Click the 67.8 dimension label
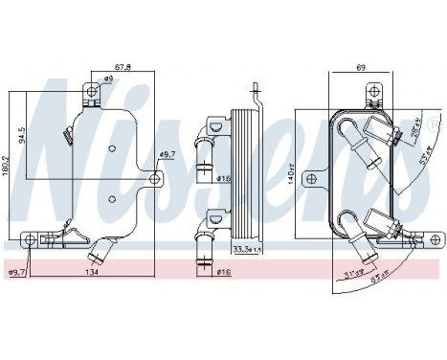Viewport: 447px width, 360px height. point(123,67)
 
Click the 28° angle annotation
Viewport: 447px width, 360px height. point(414,131)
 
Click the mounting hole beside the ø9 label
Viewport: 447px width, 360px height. point(92,92)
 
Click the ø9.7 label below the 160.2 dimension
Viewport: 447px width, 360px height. point(16,273)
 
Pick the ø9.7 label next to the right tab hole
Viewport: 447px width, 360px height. point(168,154)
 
